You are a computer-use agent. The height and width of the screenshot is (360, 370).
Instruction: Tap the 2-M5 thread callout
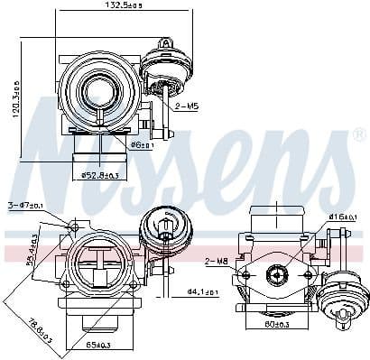click(188, 106)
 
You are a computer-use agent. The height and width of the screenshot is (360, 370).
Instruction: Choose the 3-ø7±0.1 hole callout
click(24, 204)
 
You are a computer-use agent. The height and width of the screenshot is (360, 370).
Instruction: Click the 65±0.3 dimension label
click(99, 345)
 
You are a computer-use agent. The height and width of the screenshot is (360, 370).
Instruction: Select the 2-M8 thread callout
click(216, 262)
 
